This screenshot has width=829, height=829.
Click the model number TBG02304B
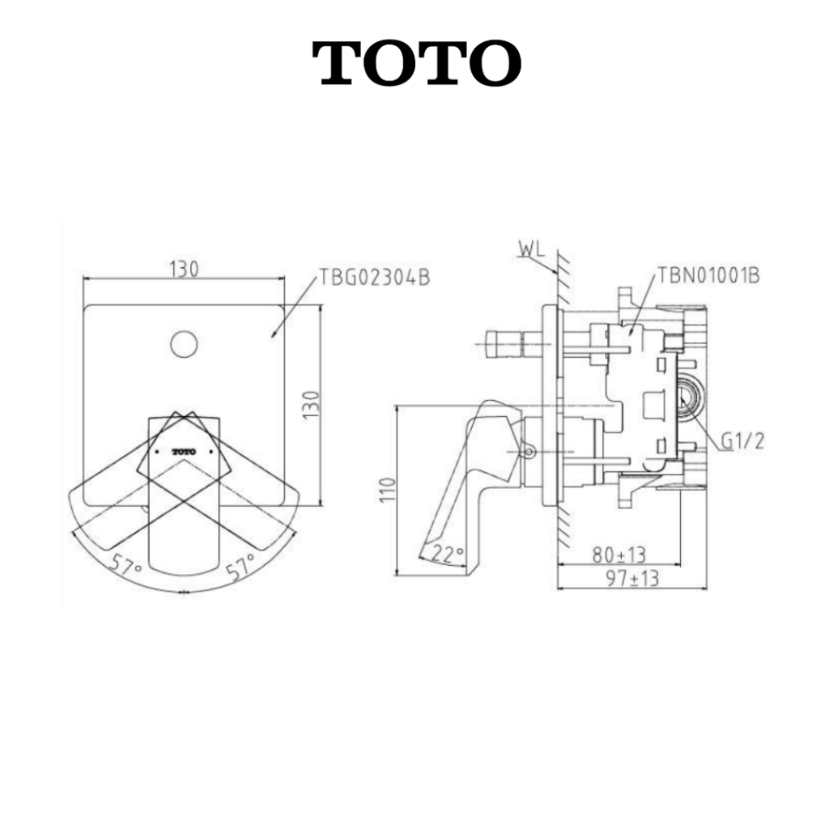pyautogui.click(x=374, y=277)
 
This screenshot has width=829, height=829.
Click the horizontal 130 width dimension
pyautogui.click(x=185, y=270)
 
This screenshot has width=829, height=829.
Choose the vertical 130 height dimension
pyautogui.click(x=312, y=405)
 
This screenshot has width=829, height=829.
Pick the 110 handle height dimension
pyautogui.click(x=388, y=490)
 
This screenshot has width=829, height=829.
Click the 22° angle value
pyautogui.click(x=448, y=554)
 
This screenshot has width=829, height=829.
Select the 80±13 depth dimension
pyautogui.click(x=619, y=555)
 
